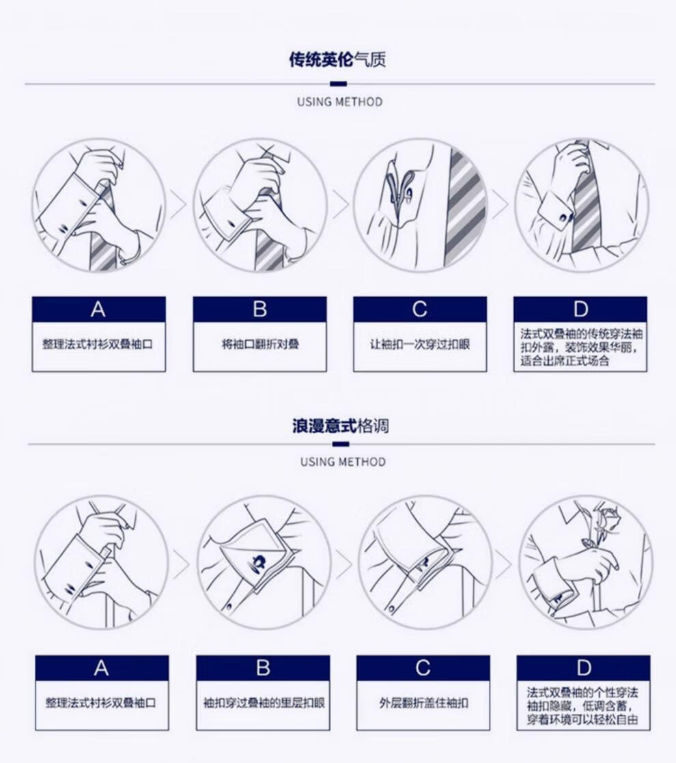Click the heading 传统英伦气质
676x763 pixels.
pyautogui.click(x=337, y=60)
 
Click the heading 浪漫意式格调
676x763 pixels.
pyautogui.click(x=341, y=426)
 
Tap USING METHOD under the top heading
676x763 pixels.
pyautogui.click(x=340, y=102)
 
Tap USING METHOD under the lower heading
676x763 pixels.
pyautogui.click(x=343, y=461)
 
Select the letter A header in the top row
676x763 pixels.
pyautogui.click(x=99, y=309)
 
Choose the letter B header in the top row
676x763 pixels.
pyautogui.click(x=259, y=309)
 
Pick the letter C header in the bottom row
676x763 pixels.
pyautogui.click(x=423, y=667)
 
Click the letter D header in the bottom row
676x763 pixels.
pyautogui.click(x=583, y=667)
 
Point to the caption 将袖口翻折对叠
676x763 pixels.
pyautogui.click(x=260, y=344)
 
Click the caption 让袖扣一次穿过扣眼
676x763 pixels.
pyautogui.click(x=420, y=344)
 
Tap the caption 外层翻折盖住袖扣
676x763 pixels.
pyautogui.click(x=423, y=703)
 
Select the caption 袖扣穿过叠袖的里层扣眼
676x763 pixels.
pyautogui.click(x=264, y=703)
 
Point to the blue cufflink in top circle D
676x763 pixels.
pyautogui.click(x=566, y=216)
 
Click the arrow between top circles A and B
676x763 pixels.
pyautogui.click(x=178, y=204)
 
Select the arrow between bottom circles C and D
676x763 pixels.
pyautogui.click(x=503, y=564)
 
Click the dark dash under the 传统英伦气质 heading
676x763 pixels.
pyautogui.click(x=339, y=84)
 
